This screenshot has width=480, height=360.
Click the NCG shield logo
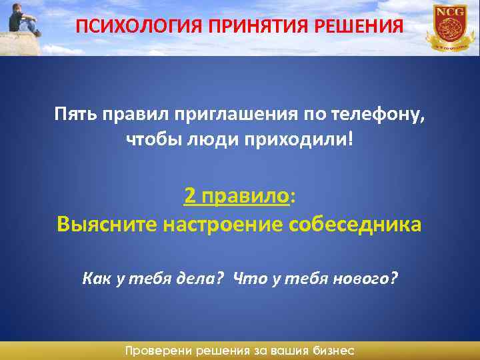450,25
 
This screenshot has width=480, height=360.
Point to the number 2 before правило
189,196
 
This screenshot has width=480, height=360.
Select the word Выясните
105,223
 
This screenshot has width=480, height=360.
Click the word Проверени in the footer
157,350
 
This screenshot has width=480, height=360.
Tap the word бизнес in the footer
333,350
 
